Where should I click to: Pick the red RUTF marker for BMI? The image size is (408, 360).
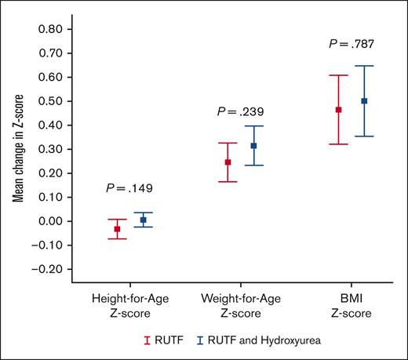339,110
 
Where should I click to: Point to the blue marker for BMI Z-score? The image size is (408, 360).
364,101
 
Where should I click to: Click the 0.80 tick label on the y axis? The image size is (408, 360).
50,29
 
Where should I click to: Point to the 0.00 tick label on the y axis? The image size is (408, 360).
50,221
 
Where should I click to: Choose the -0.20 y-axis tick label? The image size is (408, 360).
49,269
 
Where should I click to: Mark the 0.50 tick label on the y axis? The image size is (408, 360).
50,101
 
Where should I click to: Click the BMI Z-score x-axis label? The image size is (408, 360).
351,307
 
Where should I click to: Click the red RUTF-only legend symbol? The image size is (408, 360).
146,340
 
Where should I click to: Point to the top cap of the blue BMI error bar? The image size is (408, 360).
364,66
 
